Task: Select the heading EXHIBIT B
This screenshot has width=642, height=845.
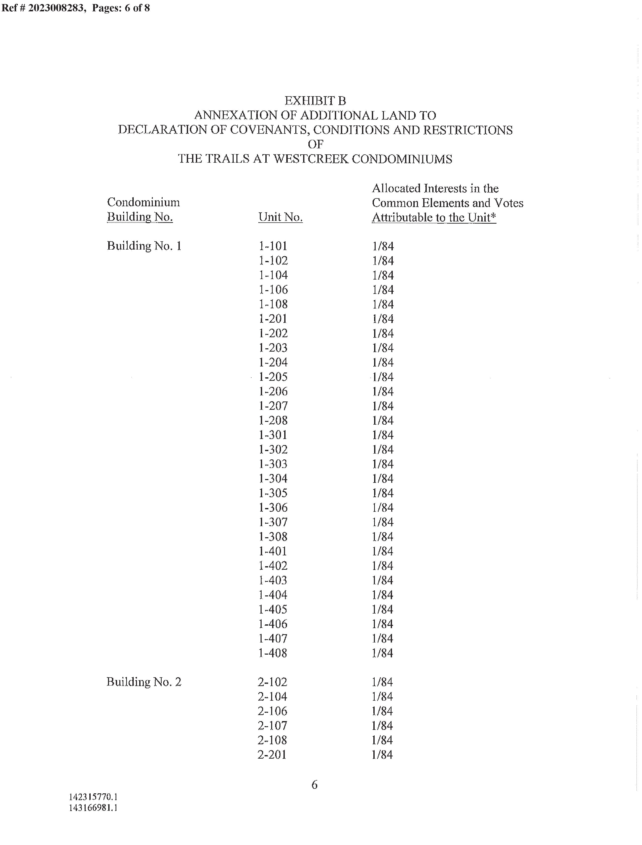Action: point(315,101)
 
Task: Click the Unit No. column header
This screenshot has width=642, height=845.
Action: point(280,217)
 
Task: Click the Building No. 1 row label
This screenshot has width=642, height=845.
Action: point(144,246)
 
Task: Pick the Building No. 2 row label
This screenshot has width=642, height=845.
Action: point(144,682)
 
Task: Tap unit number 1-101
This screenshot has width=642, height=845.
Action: point(272,246)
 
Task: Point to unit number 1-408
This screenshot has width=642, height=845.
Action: point(272,653)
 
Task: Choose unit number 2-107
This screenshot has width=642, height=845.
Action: point(272,725)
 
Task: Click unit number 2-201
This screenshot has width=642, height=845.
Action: point(272,754)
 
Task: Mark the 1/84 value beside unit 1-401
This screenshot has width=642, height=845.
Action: point(382,551)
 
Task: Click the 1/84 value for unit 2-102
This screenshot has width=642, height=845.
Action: point(382,682)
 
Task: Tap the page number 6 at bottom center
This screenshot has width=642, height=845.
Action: point(314,785)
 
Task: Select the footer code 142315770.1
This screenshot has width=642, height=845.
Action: point(93,797)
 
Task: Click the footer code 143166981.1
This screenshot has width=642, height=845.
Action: point(93,807)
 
